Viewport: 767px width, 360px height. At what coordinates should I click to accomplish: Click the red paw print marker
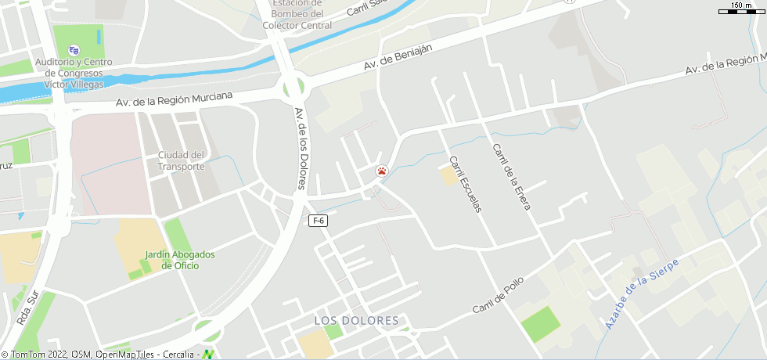(x=381, y=171)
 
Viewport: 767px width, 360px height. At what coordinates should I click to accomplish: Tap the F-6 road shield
(x=318, y=221)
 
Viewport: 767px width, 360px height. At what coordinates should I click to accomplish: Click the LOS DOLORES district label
(x=356, y=321)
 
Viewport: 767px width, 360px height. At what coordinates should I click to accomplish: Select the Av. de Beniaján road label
(x=398, y=57)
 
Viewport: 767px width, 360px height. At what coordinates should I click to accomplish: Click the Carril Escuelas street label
(x=465, y=184)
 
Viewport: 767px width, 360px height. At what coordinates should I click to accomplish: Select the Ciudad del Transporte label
(x=181, y=160)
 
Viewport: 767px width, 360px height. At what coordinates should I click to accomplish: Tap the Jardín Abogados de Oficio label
(x=180, y=260)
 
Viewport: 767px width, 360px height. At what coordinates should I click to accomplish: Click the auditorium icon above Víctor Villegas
(x=74, y=50)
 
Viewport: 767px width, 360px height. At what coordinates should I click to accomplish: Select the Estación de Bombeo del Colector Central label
(x=297, y=15)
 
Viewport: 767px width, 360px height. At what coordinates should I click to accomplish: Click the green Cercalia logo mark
(x=208, y=354)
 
